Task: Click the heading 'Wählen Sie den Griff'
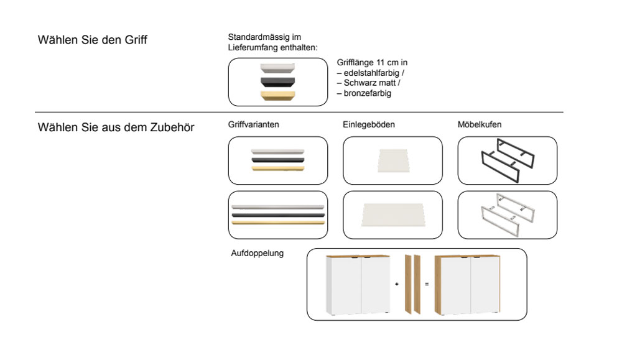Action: click(x=93, y=40)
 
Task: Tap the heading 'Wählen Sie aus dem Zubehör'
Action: click(x=116, y=127)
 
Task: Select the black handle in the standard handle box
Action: click(x=278, y=81)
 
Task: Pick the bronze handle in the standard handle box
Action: click(x=278, y=95)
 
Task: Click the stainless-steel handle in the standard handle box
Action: click(x=278, y=68)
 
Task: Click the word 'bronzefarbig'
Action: click(x=367, y=93)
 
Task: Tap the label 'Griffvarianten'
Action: click(x=254, y=124)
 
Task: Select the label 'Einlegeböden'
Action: click(x=369, y=124)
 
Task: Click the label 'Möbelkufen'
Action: click(x=480, y=124)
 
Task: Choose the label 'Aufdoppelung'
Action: click(x=258, y=253)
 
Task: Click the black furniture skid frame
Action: click(x=507, y=160)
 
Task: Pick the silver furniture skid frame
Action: click(x=507, y=215)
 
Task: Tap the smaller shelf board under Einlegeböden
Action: click(x=392, y=160)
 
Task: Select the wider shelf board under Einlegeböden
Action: click(x=392, y=215)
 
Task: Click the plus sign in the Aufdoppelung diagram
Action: click(x=397, y=284)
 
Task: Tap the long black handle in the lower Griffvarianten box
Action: click(x=278, y=215)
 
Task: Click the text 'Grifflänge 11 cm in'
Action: click(x=372, y=63)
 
